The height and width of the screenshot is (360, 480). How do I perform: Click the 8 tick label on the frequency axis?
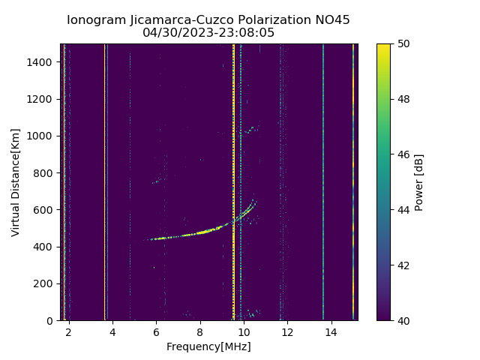pos(200,332)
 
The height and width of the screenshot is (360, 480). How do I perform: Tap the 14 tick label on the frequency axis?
pos(331,332)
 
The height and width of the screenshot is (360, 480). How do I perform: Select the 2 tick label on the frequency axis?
pos(69,332)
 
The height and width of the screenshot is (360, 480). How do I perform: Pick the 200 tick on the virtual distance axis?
pos(46,283)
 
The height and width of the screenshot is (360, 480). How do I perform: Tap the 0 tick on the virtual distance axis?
pos(51,320)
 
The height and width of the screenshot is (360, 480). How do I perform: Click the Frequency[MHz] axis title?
pos(208,346)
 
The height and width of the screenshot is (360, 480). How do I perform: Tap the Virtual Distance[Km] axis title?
pos(16,182)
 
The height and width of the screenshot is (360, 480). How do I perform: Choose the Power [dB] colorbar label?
pos(419,182)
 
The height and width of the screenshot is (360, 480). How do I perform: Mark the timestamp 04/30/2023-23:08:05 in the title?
pos(208,33)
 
